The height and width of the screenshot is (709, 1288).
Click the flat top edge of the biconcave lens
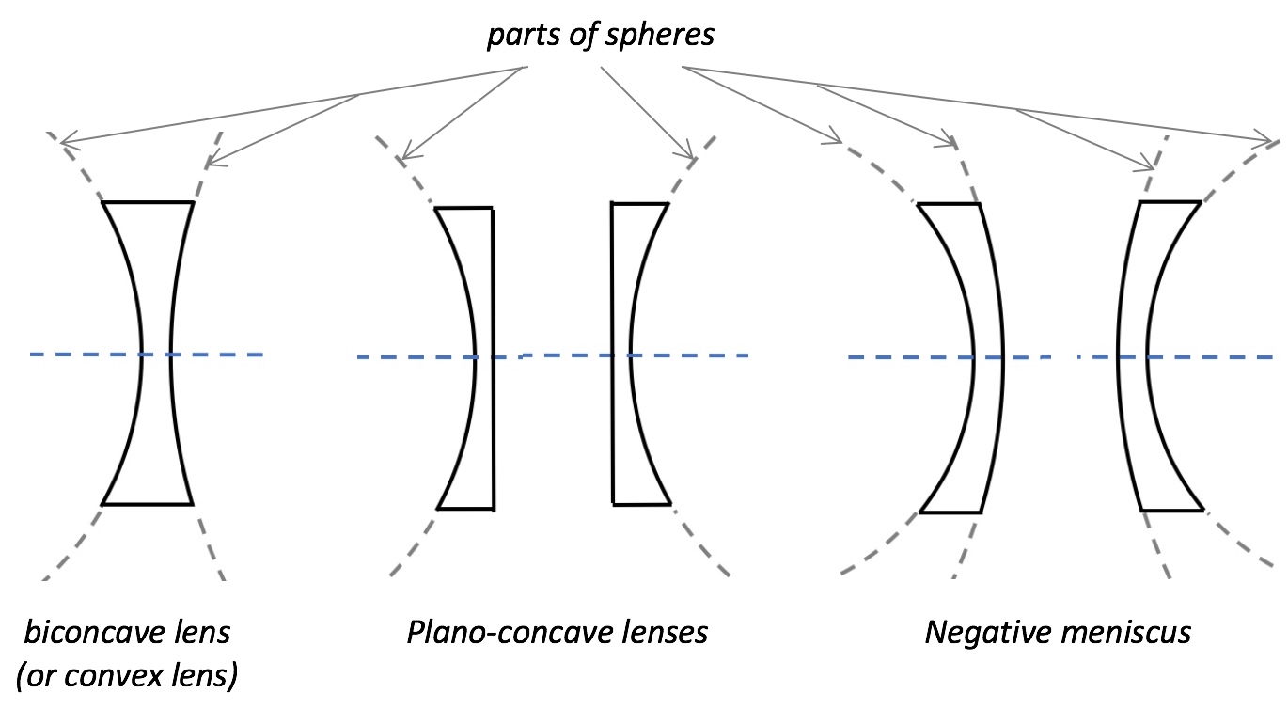click(148, 202)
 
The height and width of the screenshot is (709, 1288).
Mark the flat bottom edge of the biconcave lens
click(148, 505)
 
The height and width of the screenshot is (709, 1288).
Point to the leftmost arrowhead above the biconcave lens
click(64, 144)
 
